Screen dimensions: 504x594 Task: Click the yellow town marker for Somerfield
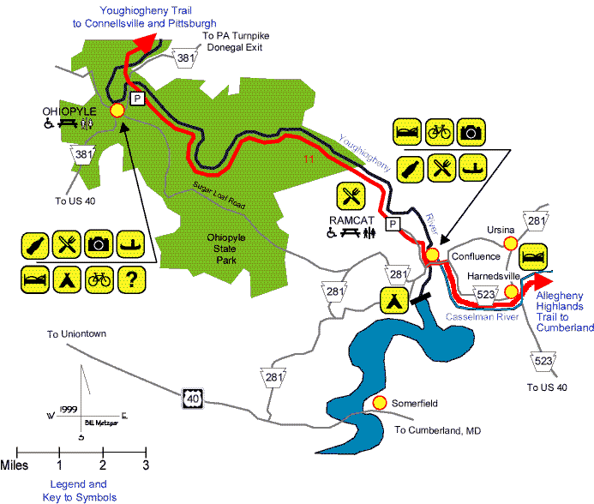380,403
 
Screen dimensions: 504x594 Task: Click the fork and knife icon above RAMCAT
351,195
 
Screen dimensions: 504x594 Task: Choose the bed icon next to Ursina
533,256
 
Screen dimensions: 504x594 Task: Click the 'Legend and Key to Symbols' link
79,491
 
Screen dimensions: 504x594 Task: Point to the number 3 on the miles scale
146,465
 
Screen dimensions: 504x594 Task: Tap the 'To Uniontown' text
76,333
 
